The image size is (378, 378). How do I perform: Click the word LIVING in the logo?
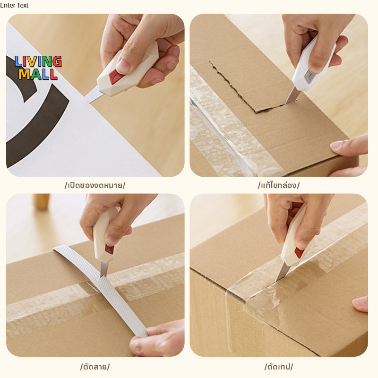click(38, 61)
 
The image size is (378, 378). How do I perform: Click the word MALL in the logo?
click(38, 74)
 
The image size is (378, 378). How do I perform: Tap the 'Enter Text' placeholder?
click(14, 5)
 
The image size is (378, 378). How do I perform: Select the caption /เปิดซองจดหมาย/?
click(95, 185)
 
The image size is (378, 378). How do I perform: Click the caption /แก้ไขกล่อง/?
click(278, 185)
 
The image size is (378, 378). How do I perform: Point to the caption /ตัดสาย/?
click(95, 367)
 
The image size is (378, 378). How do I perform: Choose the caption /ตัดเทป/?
click(279, 367)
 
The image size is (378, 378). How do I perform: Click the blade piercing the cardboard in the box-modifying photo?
click(291, 96)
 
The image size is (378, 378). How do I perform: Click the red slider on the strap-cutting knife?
click(109, 249)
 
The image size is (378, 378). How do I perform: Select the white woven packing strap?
click(101, 289)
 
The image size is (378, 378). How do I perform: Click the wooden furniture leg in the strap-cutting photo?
click(42, 202)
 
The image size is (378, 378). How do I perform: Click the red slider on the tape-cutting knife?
click(300, 252)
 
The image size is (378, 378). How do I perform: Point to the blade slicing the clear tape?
click(283, 272)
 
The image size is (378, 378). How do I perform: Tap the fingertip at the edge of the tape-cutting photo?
click(361, 304)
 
